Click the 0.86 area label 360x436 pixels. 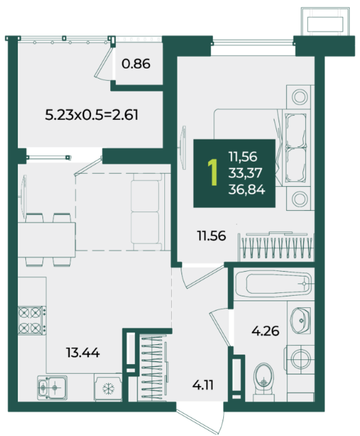tap(136, 64)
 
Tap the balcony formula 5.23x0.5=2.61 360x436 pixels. tap(92, 115)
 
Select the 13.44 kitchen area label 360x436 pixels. tap(83, 353)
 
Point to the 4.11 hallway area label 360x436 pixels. tap(203, 385)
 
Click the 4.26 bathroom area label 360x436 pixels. tap(266, 331)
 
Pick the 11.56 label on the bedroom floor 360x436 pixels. tap(211, 235)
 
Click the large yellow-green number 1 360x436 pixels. tap(213, 172)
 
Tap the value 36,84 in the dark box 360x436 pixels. tap(246, 190)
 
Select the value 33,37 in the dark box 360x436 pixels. tap(245, 173)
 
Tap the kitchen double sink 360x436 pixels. tap(52, 387)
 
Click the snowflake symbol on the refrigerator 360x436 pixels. tap(108, 389)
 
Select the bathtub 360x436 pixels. tap(274, 284)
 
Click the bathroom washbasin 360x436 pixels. tap(300, 320)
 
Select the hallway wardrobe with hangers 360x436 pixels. tap(153, 368)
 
